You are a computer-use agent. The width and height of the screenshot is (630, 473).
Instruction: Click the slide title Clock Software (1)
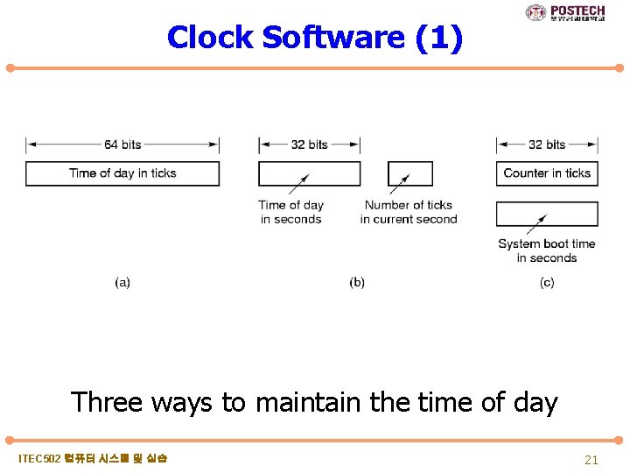click(x=314, y=38)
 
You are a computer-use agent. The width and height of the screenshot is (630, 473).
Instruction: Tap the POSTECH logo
click(x=565, y=12)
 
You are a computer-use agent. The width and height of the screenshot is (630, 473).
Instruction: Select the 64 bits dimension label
click(x=122, y=145)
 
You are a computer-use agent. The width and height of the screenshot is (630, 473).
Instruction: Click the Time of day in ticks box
click(x=122, y=173)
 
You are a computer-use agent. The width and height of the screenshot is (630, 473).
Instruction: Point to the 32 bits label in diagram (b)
click(x=309, y=145)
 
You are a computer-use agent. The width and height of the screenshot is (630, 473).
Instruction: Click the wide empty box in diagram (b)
click(x=309, y=173)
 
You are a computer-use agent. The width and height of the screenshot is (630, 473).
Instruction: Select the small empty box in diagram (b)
click(x=409, y=173)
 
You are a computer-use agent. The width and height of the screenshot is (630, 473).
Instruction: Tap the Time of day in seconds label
click(x=291, y=212)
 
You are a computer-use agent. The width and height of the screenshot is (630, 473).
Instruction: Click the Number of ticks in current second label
click(x=409, y=212)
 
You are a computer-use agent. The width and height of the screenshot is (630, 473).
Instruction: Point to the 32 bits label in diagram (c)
click(x=547, y=145)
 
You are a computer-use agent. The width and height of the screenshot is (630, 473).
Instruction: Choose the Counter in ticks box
click(x=547, y=173)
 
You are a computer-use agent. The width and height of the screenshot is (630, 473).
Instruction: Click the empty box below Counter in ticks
click(x=547, y=214)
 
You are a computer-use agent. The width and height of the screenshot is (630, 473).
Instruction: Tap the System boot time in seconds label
click(x=547, y=251)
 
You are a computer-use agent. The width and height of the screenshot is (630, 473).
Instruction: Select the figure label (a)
click(x=122, y=282)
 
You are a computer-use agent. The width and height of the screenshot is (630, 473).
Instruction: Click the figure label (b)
click(x=357, y=282)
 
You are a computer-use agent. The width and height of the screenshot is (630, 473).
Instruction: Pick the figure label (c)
click(x=547, y=282)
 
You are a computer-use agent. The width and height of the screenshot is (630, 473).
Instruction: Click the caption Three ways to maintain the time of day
click(x=314, y=402)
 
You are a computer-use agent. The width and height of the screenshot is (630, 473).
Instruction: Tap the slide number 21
click(x=591, y=460)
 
